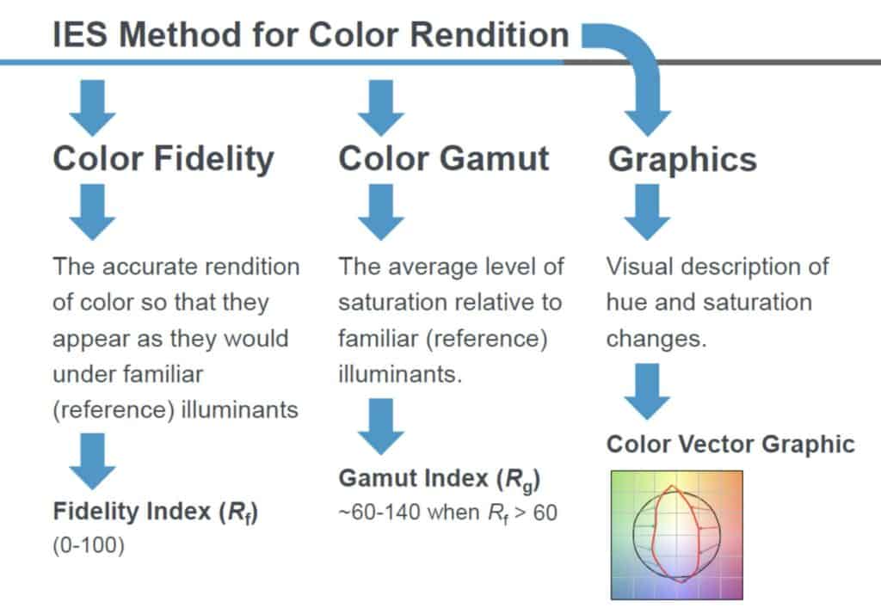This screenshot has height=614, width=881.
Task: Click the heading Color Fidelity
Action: pyautogui.click(x=163, y=159)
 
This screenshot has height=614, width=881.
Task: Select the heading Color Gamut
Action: pyautogui.click(x=444, y=158)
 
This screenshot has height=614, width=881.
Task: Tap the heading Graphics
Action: pyautogui.click(x=682, y=160)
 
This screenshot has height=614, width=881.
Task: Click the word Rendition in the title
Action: pyautogui.click(x=490, y=35)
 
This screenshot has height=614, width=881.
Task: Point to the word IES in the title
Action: pyautogui.click(x=80, y=35)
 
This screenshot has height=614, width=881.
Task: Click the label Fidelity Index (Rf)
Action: pyautogui.click(x=156, y=513)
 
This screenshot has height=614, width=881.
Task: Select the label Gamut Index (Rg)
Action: pyautogui.click(x=440, y=479)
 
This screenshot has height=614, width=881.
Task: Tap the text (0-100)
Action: pyautogui.click(x=89, y=545)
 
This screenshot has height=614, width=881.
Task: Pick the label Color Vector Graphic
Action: pyautogui.click(x=730, y=445)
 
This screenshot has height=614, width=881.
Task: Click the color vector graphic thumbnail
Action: pyautogui.click(x=677, y=536)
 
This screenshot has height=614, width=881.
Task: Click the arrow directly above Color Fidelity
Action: pyautogui.click(x=93, y=107)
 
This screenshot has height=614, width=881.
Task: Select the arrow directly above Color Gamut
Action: pyautogui.click(x=381, y=107)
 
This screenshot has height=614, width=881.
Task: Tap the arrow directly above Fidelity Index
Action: pyautogui.click(x=93, y=462)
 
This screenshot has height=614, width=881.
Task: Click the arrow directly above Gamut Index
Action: pyautogui.click(x=381, y=427)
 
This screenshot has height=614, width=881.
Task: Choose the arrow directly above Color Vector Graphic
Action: pyautogui.click(x=647, y=391)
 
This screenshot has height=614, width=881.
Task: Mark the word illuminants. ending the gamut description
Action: pyautogui.click(x=400, y=374)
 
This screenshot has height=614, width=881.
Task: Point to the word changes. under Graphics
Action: pyautogui.click(x=656, y=340)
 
